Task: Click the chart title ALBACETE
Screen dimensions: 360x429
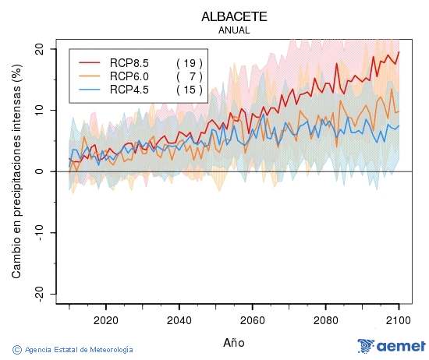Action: click(235, 16)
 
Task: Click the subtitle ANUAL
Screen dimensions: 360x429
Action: click(235, 30)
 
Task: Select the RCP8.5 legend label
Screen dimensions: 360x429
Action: click(129, 62)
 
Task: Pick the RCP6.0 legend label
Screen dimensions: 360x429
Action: click(129, 76)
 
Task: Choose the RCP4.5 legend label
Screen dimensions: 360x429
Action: click(129, 90)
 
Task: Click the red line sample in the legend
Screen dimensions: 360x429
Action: click(90, 62)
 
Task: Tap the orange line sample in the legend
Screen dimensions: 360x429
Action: click(90, 76)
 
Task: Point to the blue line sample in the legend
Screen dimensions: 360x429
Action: click(90, 90)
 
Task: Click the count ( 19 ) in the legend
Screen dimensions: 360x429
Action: click(189, 62)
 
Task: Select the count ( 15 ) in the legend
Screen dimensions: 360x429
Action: click(189, 90)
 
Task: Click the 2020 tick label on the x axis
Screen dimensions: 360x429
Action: click(105, 319)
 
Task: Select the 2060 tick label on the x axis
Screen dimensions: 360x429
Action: click(252, 319)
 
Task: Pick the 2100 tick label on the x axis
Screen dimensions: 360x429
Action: click(399, 319)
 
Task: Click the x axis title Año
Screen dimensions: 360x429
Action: click(235, 341)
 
